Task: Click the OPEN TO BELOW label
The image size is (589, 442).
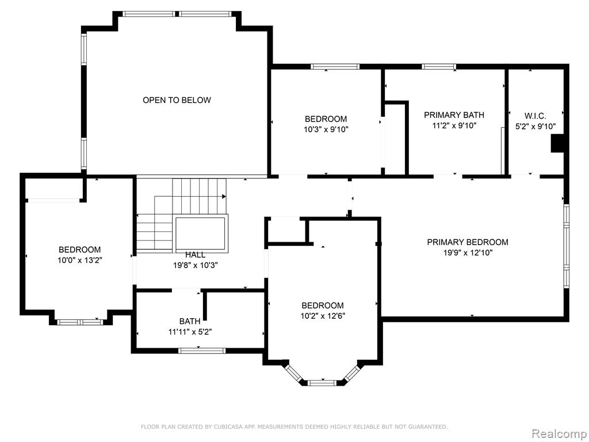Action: click(177, 100)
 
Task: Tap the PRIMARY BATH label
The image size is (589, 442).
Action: click(454, 115)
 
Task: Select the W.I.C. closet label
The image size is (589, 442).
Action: click(535, 116)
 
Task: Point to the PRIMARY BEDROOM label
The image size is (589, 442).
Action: click(467, 242)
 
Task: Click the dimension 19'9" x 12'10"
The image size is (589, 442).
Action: click(468, 253)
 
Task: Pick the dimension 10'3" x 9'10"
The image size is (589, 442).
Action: click(326, 129)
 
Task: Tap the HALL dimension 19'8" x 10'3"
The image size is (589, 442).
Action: click(196, 265)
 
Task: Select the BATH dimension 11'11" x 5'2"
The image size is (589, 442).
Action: click(190, 332)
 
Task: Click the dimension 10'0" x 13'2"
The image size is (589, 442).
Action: click(79, 260)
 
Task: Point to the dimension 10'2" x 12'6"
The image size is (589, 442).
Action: click(323, 316)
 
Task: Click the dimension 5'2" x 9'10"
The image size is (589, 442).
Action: click(536, 127)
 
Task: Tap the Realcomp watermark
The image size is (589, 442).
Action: click(559, 434)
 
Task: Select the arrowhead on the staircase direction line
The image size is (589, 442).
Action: click(224, 197)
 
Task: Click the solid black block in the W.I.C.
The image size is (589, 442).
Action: click(557, 143)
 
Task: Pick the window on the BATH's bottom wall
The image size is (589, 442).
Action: click(202, 350)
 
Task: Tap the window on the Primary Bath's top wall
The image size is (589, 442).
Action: click(439, 67)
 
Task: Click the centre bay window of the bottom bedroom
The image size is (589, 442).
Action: click(322, 383)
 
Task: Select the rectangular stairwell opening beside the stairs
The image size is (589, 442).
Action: click(201, 233)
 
